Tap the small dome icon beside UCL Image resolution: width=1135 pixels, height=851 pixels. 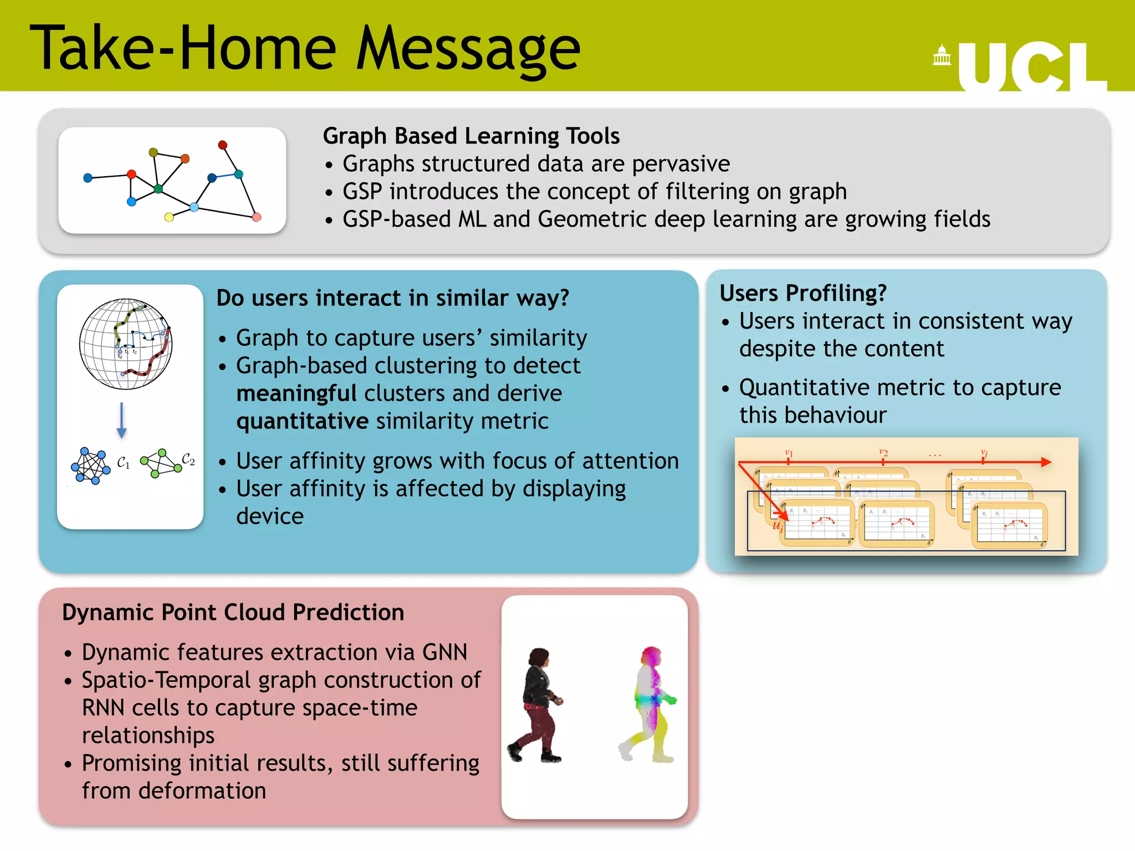[x=942, y=55]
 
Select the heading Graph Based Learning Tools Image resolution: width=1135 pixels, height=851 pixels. [x=471, y=136]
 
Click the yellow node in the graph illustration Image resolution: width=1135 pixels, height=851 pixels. [x=169, y=217]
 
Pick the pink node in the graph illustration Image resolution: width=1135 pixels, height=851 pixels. [x=257, y=217]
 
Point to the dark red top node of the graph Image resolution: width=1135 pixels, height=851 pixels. [x=223, y=145]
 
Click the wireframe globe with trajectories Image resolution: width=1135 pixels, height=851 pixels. [x=126, y=344]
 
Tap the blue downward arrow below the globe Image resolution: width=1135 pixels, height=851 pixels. [x=122, y=421]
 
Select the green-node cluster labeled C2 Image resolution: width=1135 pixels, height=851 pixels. [x=161, y=463]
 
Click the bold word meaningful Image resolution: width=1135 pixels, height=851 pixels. [x=296, y=393]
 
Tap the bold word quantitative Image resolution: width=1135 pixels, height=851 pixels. [x=302, y=421]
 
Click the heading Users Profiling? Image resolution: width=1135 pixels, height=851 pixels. [x=802, y=293]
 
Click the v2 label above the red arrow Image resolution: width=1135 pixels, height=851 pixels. [x=883, y=453]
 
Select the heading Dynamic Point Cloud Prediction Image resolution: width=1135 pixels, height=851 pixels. [x=233, y=613]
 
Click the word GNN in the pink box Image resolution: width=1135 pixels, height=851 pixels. [x=444, y=653]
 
